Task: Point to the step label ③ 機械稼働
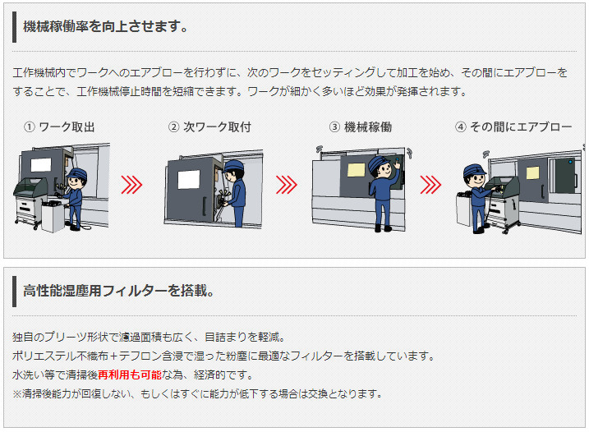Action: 361,127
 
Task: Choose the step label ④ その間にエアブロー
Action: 513,127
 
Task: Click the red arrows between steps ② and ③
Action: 287,185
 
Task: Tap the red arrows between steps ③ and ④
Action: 430,185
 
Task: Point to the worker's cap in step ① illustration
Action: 77,172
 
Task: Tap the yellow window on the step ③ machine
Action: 356,170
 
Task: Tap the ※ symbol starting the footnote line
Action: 17,393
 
